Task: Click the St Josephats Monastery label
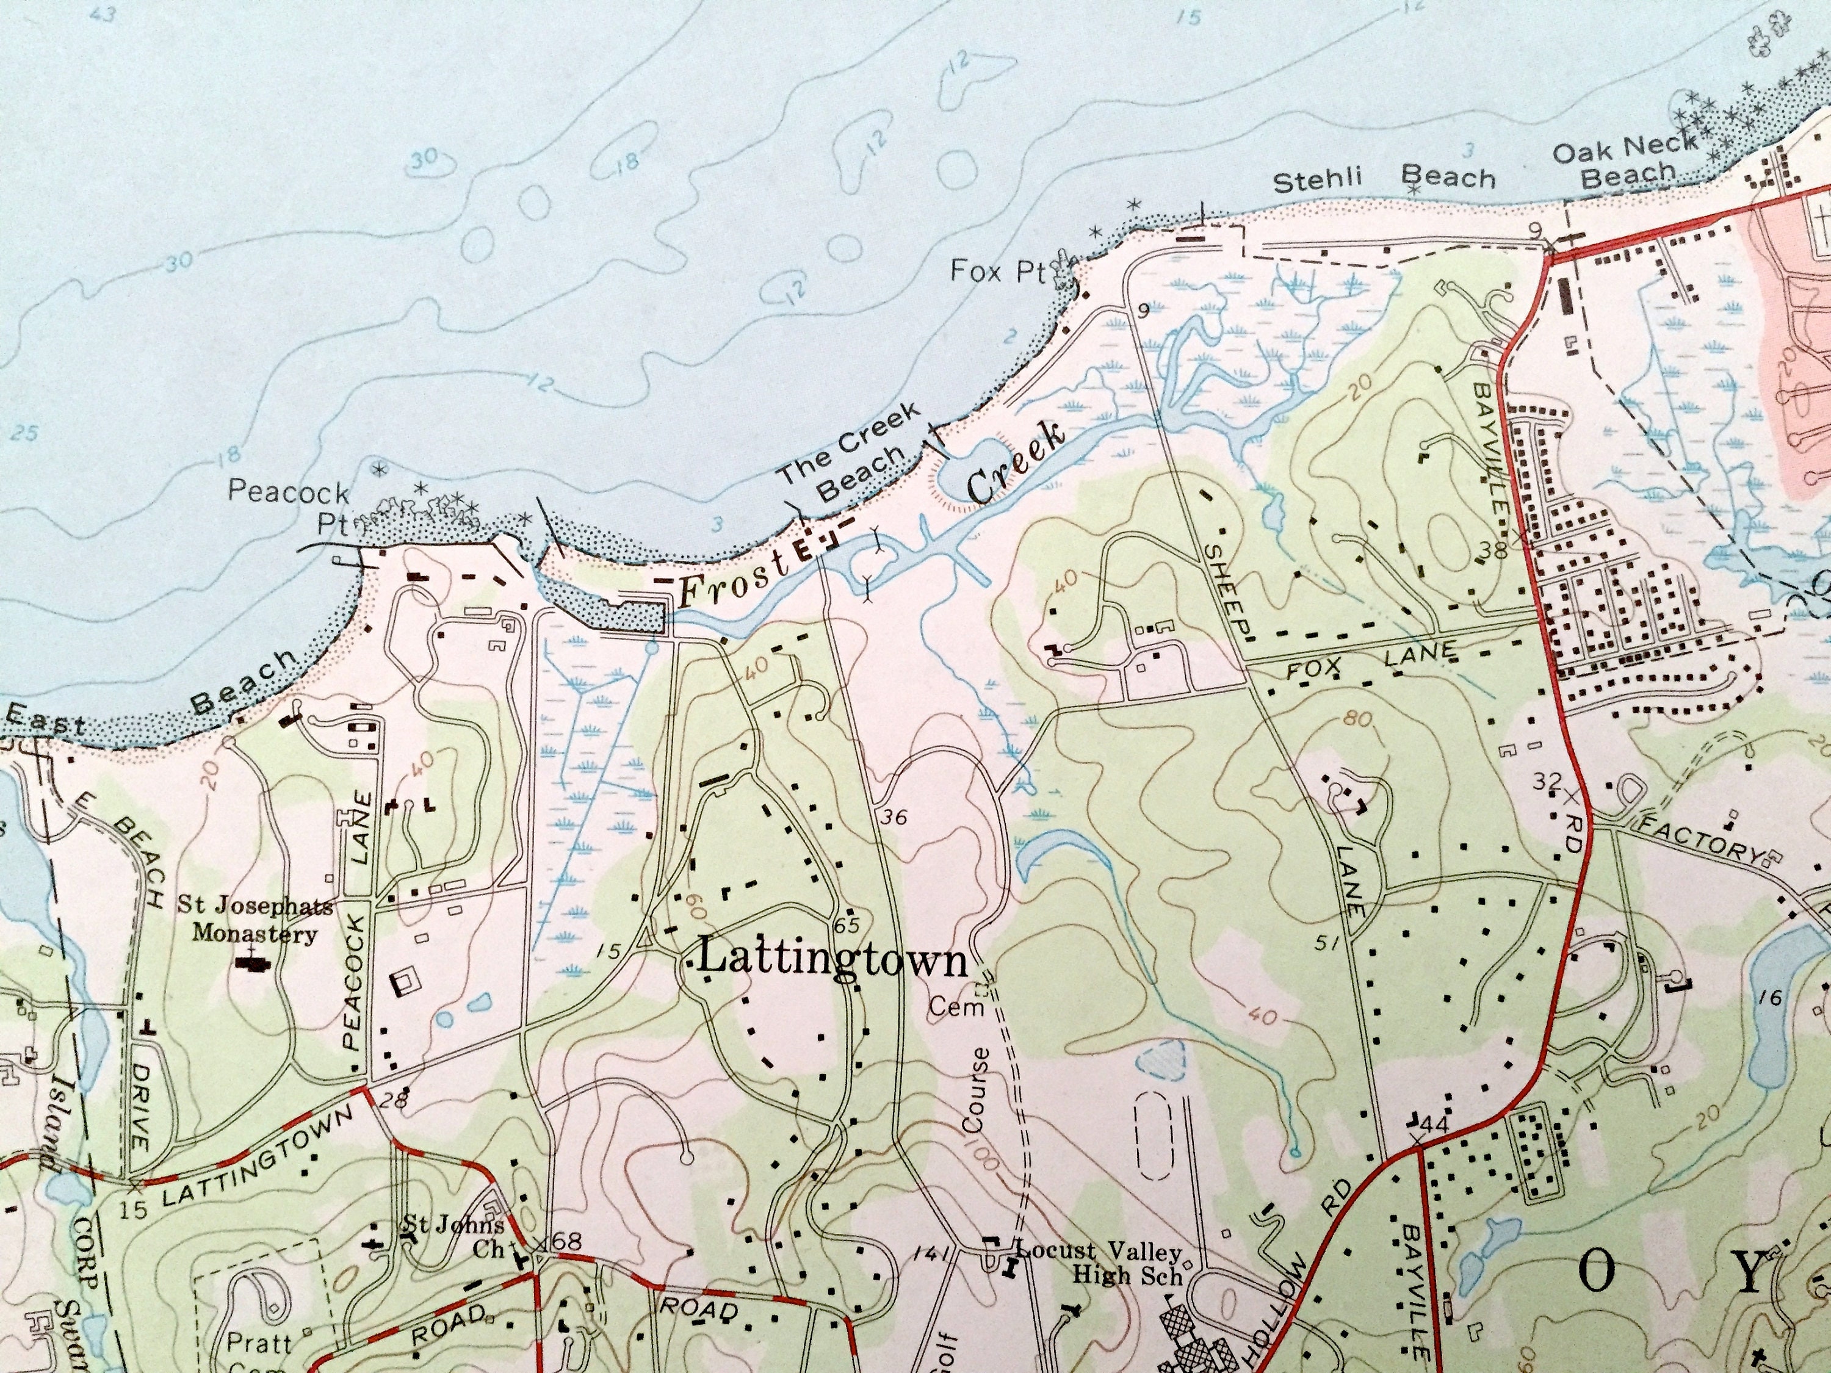click(255, 920)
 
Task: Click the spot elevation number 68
click(568, 1241)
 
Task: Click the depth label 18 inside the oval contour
click(627, 160)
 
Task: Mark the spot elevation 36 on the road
click(895, 818)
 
